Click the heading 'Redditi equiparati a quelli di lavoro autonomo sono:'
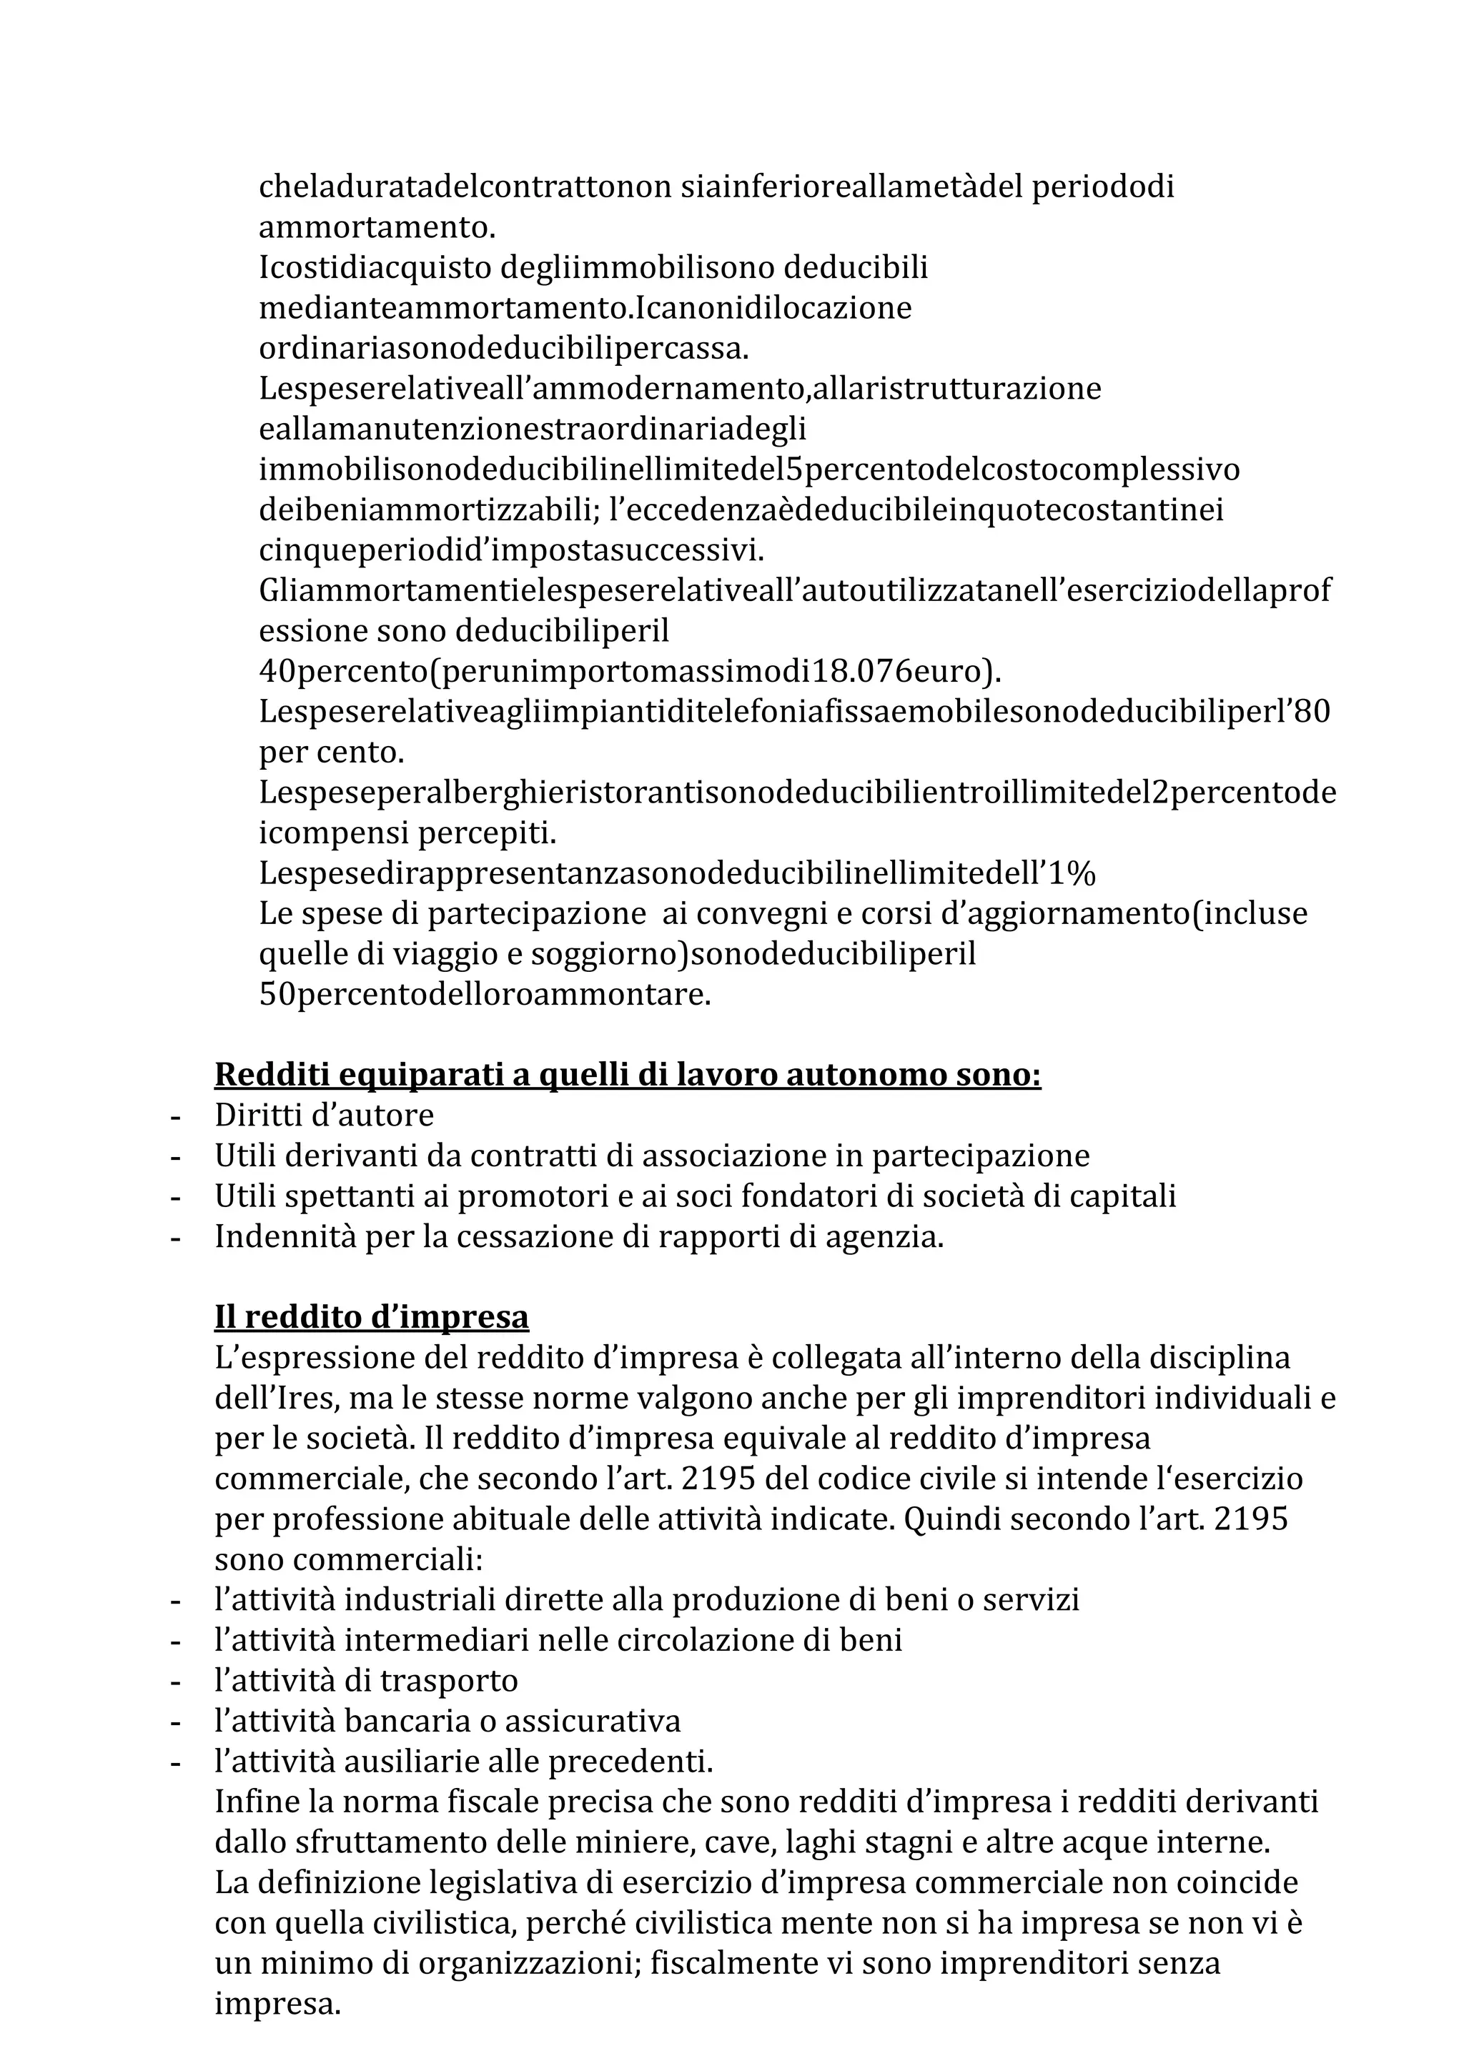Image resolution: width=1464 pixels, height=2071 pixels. point(627,1076)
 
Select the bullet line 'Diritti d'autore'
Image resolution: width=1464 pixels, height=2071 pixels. point(324,1116)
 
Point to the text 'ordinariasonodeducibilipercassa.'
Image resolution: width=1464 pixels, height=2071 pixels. point(504,348)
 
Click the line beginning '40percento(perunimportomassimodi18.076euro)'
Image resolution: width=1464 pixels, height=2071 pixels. point(630,672)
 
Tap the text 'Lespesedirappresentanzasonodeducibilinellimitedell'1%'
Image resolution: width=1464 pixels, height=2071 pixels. point(676,873)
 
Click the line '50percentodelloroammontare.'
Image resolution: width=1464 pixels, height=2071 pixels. point(485,995)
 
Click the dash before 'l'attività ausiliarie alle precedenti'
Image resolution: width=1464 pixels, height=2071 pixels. point(176,1762)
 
